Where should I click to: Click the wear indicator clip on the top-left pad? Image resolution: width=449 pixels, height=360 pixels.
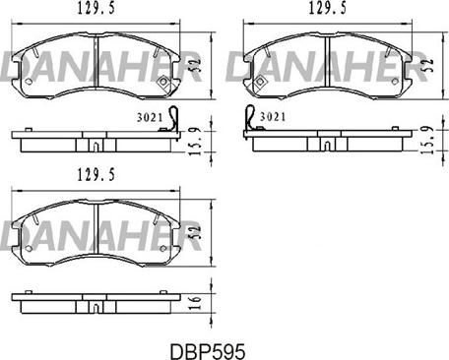pos(173,118)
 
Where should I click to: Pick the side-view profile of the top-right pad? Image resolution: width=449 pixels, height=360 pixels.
pos(324,140)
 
